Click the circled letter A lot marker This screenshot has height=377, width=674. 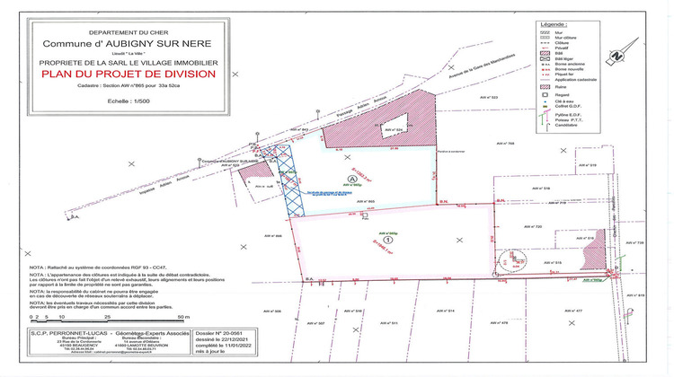click(353, 179)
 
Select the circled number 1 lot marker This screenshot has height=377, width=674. click(387, 240)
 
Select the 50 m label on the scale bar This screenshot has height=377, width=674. click(183, 318)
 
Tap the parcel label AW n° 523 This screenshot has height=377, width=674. click(488, 96)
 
